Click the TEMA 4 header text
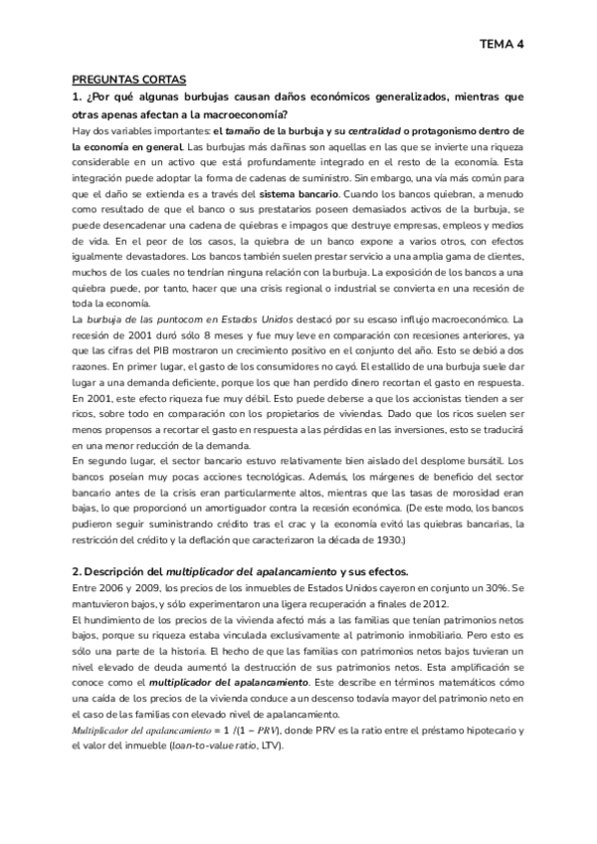(x=501, y=45)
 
